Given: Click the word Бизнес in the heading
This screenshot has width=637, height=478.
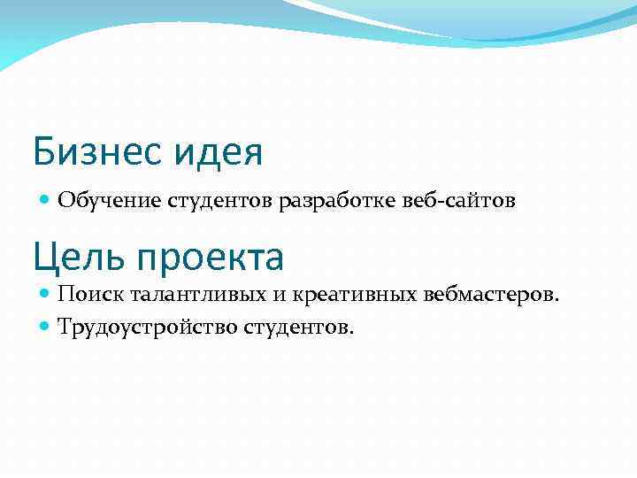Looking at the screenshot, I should pos(94,151).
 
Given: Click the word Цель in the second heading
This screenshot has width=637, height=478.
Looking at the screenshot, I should pos(73,258).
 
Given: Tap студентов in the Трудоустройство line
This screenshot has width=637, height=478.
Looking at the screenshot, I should pos(295,328).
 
